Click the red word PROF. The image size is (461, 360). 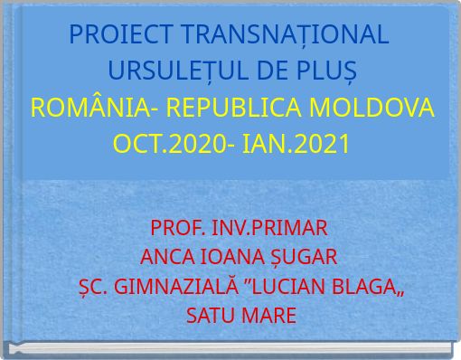click(x=175, y=226)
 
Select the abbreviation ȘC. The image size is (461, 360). click(x=93, y=287)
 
